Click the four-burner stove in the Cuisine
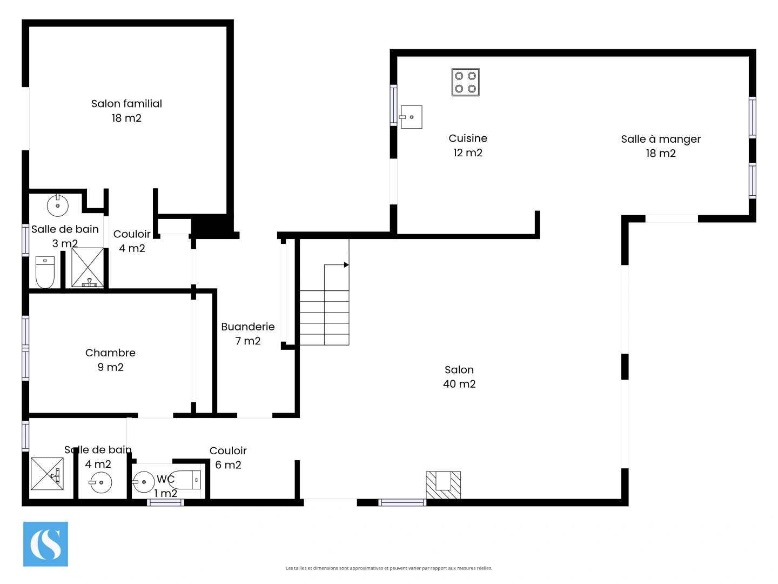[x=465, y=82]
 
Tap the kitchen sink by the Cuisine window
[x=411, y=117]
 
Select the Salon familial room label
[x=126, y=104]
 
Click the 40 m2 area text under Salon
[x=459, y=384]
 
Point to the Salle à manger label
[x=660, y=139]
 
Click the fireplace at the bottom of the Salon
[x=443, y=485]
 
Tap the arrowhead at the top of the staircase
[x=346, y=265]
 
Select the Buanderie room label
[x=247, y=327]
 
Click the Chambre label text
[x=110, y=353]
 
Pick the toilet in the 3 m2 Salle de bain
[x=45, y=271]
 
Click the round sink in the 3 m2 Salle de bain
[x=58, y=205]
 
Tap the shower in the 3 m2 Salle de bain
[x=88, y=267]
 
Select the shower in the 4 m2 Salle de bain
[x=47, y=474]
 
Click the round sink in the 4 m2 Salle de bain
[x=100, y=482]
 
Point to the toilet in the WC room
[x=185, y=480]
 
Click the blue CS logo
[x=45, y=544]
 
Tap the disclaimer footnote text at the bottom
[x=388, y=568]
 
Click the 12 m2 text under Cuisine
[x=467, y=153]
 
